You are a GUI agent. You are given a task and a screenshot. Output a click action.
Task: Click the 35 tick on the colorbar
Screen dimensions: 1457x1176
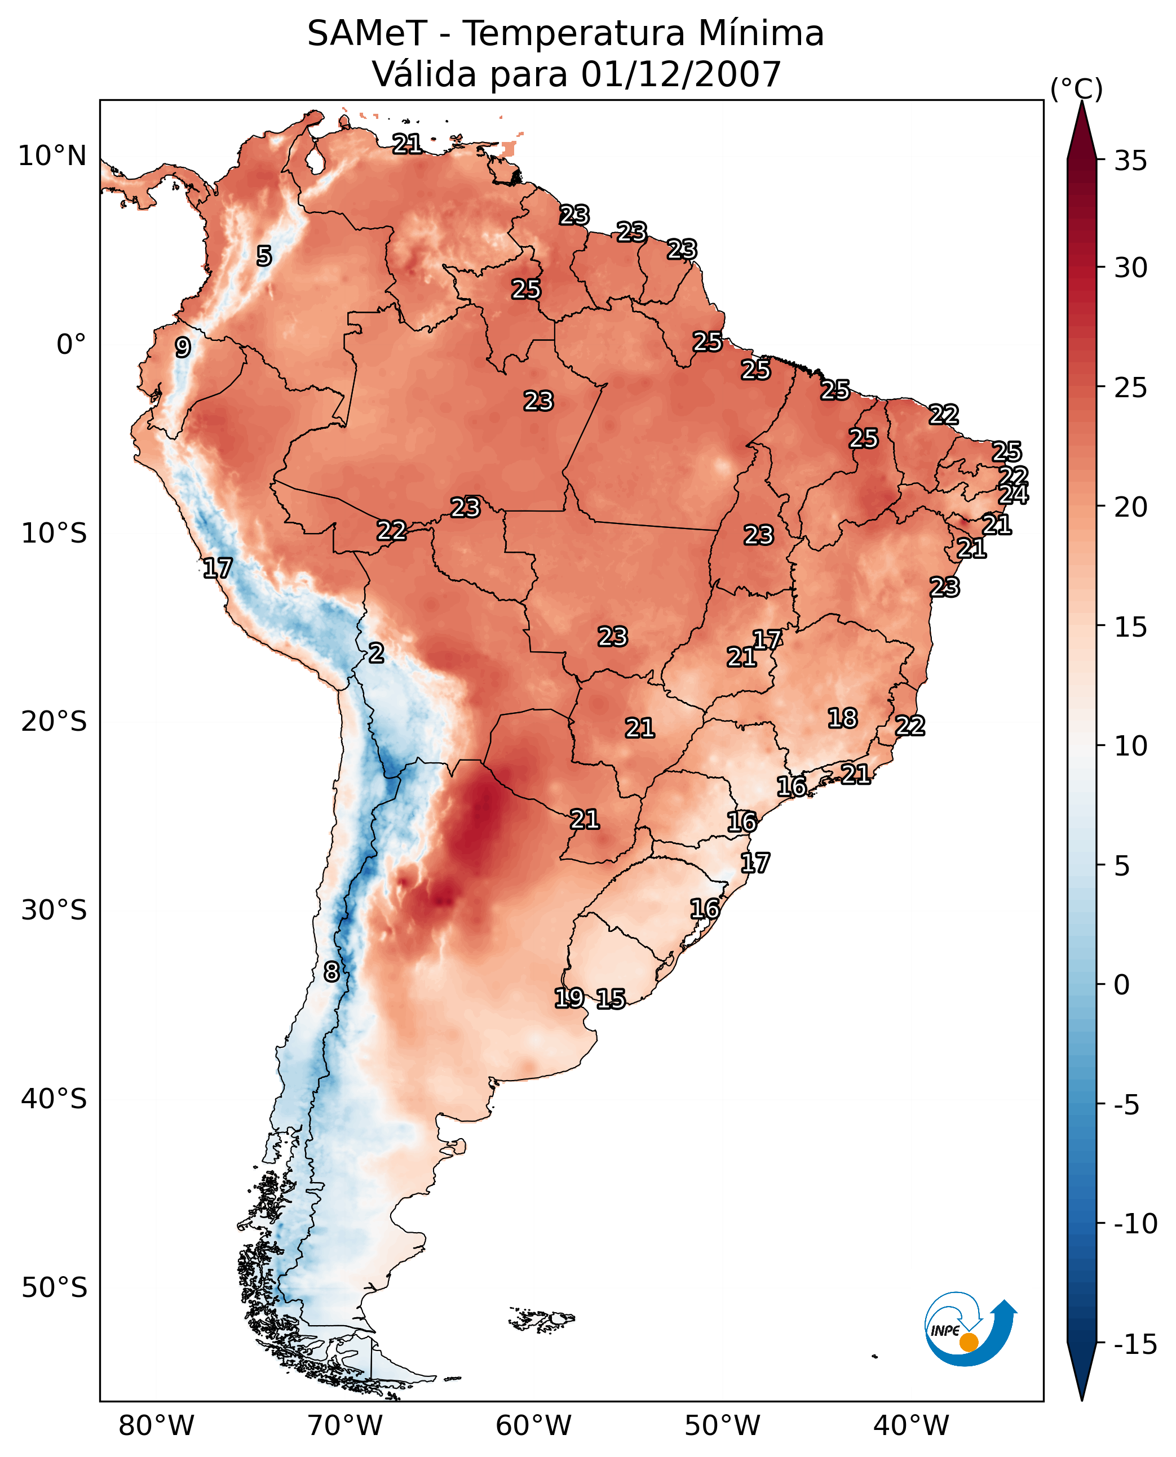pos(1130,161)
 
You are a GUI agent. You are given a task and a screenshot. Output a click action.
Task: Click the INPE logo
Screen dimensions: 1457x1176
pos(970,1327)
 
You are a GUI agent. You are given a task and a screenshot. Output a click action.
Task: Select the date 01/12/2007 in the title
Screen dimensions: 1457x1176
pos(681,74)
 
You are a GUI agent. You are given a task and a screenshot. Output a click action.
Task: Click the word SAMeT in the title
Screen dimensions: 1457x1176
pos(367,34)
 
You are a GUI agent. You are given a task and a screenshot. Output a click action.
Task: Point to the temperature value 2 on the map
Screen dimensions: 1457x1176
pos(377,654)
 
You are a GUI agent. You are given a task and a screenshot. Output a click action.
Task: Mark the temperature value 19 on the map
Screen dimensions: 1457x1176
pos(569,997)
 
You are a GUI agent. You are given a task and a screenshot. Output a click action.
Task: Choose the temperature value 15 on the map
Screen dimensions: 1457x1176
pos(611,998)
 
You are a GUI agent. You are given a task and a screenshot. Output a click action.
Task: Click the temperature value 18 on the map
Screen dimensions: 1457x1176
pos(843,718)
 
